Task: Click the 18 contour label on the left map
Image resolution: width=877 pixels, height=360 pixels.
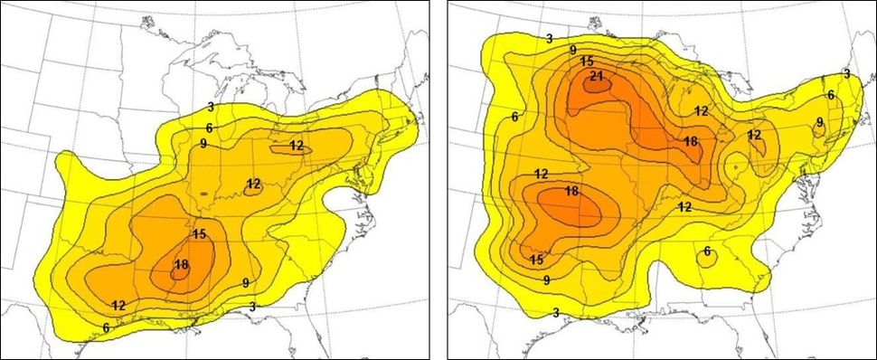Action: click(181, 264)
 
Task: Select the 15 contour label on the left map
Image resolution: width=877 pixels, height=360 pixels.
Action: click(199, 233)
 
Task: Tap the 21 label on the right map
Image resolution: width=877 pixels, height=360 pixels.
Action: click(596, 76)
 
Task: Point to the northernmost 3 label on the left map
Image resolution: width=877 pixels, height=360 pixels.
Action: click(210, 107)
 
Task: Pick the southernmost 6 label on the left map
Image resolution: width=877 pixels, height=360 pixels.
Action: click(107, 327)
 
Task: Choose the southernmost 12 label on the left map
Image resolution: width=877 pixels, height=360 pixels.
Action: click(118, 304)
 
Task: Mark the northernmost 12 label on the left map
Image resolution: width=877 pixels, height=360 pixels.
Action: click(297, 146)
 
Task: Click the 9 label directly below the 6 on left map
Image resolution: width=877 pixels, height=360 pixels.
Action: click(204, 143)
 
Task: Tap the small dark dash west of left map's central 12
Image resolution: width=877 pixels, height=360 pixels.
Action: click(204, 194)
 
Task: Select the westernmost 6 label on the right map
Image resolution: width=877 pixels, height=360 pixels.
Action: click(514, 117)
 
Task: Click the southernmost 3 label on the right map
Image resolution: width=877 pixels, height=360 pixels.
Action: click(555, 313)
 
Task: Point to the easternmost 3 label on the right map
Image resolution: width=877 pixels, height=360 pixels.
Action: click(846, 73)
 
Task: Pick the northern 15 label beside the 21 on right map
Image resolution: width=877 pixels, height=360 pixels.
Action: click(587, 61)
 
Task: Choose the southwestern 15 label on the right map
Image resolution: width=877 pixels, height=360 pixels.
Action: click(536, 260)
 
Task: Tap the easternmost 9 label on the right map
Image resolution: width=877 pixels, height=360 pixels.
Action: click(819, 122)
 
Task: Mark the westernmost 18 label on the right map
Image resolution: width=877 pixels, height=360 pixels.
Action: click(571, 192)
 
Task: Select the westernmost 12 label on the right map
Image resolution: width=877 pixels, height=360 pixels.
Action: click(542, 174)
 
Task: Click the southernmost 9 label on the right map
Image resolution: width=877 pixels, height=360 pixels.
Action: click(547, 280)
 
